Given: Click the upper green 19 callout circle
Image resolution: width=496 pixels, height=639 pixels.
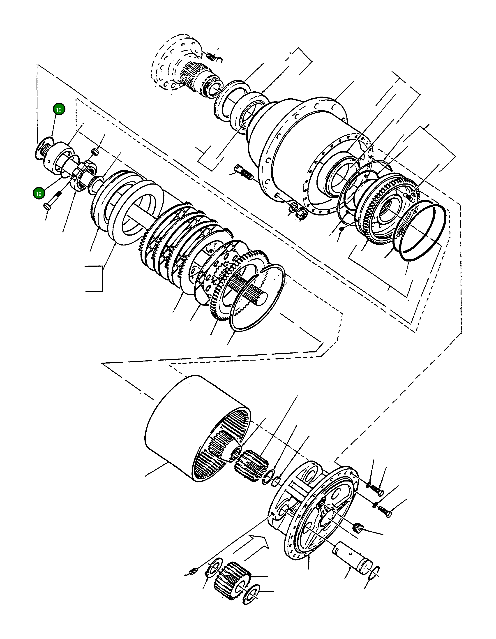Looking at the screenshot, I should [59, 109].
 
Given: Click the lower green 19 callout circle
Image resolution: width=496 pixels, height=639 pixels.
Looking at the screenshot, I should [38, 193].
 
